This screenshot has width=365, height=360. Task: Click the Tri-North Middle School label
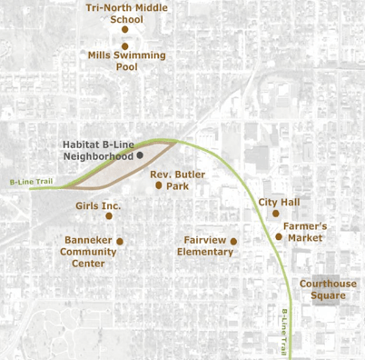(x=126, y=13)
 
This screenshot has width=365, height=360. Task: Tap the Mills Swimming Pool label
(x=127, y=61)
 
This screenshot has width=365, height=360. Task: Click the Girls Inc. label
(x=99, y=206)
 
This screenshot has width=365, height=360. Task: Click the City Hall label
(x=280, y=202)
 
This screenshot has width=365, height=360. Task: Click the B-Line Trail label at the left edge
(x=25, y=182)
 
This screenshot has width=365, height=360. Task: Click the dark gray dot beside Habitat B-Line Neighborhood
(x=140, y=155)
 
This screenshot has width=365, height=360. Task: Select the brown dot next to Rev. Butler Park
(x=159, y=185)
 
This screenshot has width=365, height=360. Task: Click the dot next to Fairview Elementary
(x=233, y=241)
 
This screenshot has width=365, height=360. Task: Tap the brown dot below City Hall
(x=276, y=214)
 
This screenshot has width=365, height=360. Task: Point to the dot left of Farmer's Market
(x=280, y=236)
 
